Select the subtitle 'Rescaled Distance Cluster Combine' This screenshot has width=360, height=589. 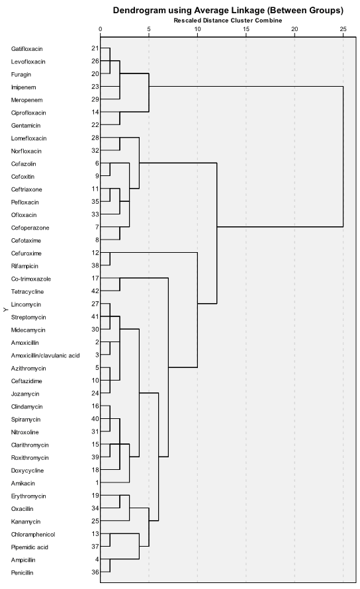coord(228,21)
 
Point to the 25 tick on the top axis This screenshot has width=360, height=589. coord(343,29)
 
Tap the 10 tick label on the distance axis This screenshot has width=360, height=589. coord(197,29)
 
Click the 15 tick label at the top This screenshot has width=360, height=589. coord(246,29)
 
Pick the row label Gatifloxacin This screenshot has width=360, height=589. coord(26,49)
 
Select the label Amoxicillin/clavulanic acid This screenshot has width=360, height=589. coord(45,355)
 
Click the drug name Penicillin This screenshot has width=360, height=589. coord(22,572)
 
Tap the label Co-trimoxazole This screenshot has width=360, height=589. coord(31,279)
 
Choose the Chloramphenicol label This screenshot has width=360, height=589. coord(33,534)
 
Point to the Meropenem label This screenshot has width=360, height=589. coord(26,100)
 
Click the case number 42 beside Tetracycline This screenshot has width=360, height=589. coord(95,291)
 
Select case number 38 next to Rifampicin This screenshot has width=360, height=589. coord(95,265)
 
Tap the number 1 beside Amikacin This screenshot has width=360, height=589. coord(97,482)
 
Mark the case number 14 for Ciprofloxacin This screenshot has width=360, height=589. coord(95,112)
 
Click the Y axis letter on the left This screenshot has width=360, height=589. coord(5,310)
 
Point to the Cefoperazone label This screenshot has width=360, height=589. coord(30,228)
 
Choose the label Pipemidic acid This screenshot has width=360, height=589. coord(30,547)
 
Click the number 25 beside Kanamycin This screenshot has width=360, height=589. coord(95,521)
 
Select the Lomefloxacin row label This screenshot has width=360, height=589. coord(29,138)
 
